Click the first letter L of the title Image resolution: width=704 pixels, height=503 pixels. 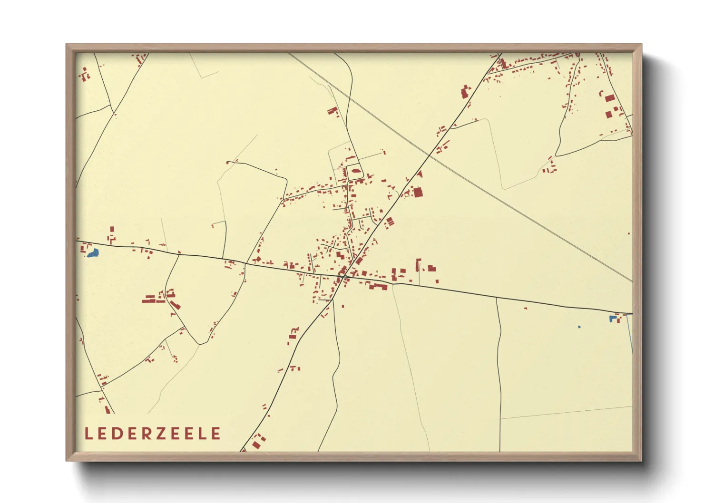pyautogui.click(x=88, y=434)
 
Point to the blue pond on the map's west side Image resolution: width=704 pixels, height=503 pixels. pyautogui.click(x=93, y=253)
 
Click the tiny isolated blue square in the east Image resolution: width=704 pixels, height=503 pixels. pyautogui.click(x=579, y=327)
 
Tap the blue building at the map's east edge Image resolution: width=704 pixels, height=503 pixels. pyautogui.click(x=612, y=319)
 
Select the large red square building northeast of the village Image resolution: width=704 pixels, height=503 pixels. pyautogui.click(x=418, y=192)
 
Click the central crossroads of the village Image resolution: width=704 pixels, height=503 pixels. pyautogui.click(x=344, y=276)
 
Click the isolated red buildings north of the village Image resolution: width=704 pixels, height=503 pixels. pyautogui.click(x=332, y=111)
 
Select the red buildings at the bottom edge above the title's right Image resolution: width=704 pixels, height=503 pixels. pyautogui.click(x=258, y=442)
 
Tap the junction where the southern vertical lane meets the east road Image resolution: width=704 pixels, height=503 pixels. pyautogui.click(x=497, y=299)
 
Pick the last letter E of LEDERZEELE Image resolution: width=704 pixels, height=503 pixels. pyautogui.click(x=216, y=434)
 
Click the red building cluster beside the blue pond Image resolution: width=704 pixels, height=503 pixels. pyautogui.click(x=86, y=248)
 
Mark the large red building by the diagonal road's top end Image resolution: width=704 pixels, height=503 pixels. pyautogui.click(x=465, y=91)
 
